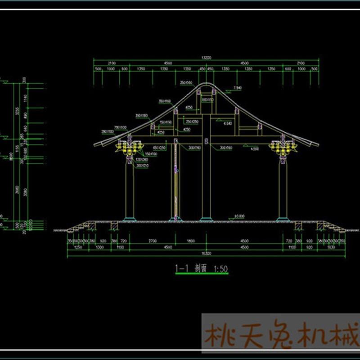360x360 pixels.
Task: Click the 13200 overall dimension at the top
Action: click(x=206, y=58)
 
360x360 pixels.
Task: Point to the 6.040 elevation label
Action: click(x=228, y=122)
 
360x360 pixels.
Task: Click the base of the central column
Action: click(x=206, y=220)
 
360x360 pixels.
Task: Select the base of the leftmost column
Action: click(x=130, y=220)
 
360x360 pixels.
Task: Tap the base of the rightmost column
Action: click(x=283, y=220)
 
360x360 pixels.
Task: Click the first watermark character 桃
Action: click(x=220, y=335)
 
